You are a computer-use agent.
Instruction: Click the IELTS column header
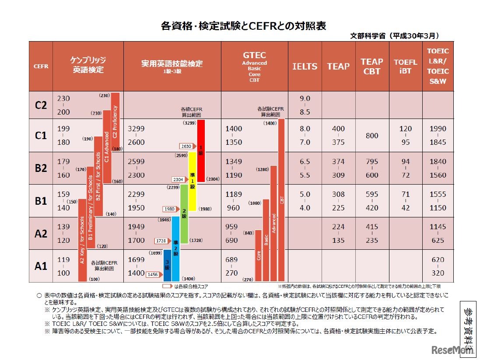click(x=305, y=66)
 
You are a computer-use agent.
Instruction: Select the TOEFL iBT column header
click(x=406, y=66)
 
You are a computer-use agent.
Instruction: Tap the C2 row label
click(x=41, y=105)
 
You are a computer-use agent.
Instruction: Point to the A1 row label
click(x=41, y=266)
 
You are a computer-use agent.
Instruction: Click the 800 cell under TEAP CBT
click(x=372, y=136)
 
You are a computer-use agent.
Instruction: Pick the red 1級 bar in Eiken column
click(x=201, y=150)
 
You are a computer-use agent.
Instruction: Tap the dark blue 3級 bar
click(x=167, y=266)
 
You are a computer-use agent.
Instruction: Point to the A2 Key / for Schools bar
click(x=82, y=247)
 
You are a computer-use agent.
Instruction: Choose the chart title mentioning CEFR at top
click(x=243, y=26)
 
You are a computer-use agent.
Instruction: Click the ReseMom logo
click(x=452, y=350)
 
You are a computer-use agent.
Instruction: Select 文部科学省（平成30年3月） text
click(x=395, y=36)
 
